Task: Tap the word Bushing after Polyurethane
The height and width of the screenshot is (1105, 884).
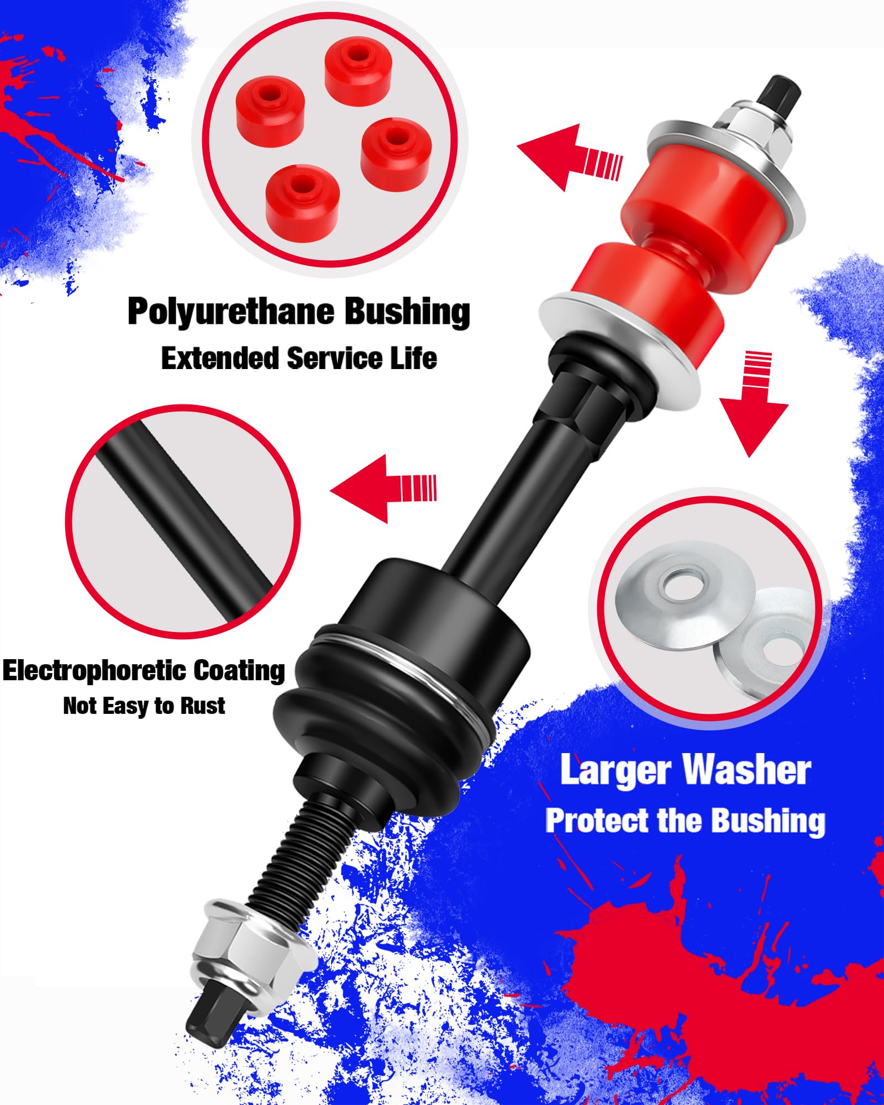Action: point(407,312)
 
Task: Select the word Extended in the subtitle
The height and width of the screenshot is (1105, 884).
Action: point(219,358)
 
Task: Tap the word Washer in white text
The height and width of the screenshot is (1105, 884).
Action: point(746,769)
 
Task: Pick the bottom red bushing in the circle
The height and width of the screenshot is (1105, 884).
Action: point(302,196)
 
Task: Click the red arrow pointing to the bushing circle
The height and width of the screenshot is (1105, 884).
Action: point(569,158)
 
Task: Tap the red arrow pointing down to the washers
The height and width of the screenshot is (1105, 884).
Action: point(754,404)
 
